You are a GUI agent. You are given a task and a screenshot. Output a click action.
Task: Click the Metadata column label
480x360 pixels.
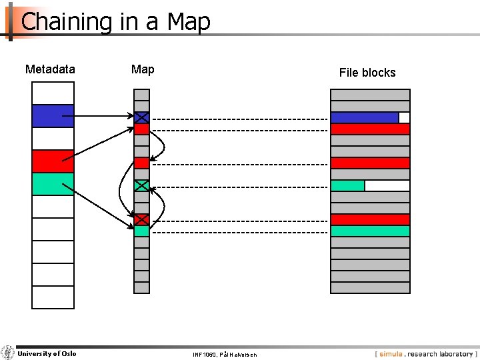click(50, 69)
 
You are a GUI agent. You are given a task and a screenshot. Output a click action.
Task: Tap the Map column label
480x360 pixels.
click(143, 69)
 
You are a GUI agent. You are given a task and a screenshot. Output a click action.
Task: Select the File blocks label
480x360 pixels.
click(367, 73)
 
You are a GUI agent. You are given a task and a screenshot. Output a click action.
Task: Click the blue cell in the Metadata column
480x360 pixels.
click(53, 116)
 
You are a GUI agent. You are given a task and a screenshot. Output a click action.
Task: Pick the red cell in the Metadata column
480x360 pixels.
click(53, 161)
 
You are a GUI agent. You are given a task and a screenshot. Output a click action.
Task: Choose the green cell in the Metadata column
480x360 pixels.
click(53, 184)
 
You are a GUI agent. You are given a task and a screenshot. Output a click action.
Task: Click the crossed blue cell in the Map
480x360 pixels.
click(141, 117)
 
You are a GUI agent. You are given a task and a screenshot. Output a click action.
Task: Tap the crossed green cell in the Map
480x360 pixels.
click(141, 186)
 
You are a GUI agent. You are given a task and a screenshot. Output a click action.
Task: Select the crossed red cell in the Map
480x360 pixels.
click(141, 219)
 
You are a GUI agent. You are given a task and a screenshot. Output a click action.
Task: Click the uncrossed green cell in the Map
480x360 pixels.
click(141, 231)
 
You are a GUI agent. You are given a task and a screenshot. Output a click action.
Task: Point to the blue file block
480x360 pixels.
click(365, 117)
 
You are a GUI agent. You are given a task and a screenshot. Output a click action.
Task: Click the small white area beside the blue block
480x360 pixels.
click(404, 117)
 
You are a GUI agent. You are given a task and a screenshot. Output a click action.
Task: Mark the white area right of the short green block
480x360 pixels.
click(387, 186)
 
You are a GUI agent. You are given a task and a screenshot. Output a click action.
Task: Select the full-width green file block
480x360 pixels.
click(370, 231)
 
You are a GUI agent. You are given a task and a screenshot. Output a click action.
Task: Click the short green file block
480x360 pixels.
click(347, 186)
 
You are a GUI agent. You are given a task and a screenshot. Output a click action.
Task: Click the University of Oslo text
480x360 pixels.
click(47, 353)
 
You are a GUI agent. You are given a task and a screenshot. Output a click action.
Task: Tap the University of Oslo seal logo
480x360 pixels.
click(7, 353)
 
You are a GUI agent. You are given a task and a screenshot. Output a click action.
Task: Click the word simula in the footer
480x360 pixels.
click(391, 354)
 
